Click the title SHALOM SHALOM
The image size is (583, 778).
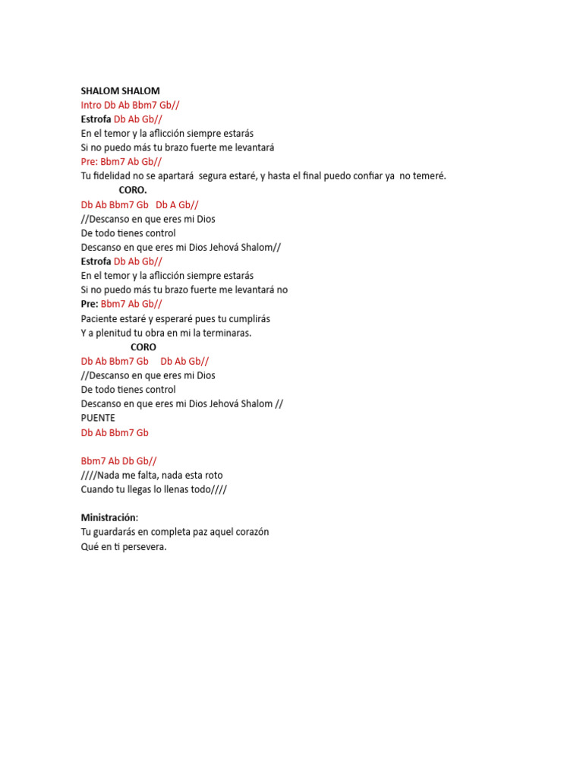tap(120, 90)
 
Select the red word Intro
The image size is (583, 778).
tap(91, 105)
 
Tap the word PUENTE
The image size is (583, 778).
tap(98, 418)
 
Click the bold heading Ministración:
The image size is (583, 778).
tap(109, 517)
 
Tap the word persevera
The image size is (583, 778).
tap(144, 546)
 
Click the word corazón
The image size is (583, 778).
tap(250, 532)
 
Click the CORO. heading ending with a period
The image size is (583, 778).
tap(133, 190)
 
